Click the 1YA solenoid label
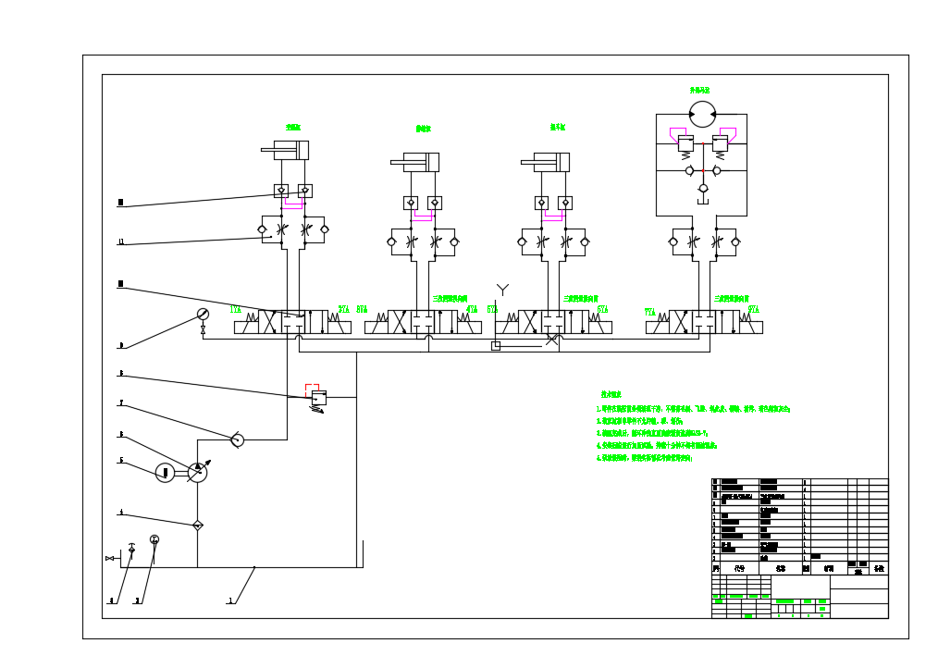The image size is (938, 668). (x=236, y=309)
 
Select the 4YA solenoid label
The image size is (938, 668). (x=472, y=309)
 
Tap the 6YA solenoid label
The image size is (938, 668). (x=602, y=309)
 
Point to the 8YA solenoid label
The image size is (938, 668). (x=753, y=309)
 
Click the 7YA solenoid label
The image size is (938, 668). (x=650, y=312)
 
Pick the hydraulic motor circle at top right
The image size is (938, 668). (x=702, y=114)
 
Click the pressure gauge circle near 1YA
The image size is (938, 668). (x=204, y=315)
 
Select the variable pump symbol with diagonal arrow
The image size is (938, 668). (x=197, y=472)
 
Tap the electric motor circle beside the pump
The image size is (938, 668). (x=165, y=473)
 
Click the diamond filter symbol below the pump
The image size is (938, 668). (x=197, y=526)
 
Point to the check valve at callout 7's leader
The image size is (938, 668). (x=237, y=439)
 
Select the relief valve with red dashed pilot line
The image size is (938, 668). (x=318, y=398)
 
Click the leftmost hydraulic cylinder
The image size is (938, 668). (x=285, y=150)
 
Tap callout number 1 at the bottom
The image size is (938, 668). (x=229, y=600)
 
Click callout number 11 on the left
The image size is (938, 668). (x=120, y=242)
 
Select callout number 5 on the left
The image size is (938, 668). (x=120, y=460)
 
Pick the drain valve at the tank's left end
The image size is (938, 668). (x=110, y=558)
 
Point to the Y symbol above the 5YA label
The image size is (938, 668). (x=502, y=290)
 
